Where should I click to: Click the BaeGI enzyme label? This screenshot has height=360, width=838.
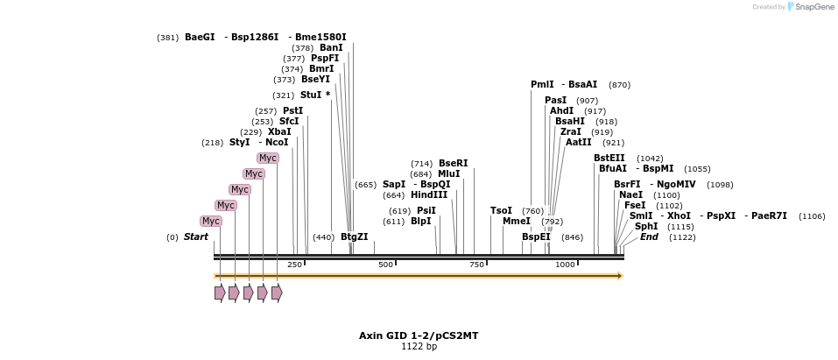[200, 37]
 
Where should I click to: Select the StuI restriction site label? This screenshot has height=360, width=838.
[311, 95]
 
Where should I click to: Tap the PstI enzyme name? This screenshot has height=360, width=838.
[292, 110]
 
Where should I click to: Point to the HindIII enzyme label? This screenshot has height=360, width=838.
[428, 194]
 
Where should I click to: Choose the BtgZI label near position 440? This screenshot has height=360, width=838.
[354, 236]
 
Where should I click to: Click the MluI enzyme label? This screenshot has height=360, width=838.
[448, 173]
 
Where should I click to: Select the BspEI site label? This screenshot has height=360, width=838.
[536, 236]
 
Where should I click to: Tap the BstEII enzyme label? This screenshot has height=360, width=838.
[609, 158]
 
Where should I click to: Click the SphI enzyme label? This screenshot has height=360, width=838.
[646, 226]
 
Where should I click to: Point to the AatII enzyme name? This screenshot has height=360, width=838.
[578, 142]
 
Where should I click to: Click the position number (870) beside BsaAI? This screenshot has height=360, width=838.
[619, 85]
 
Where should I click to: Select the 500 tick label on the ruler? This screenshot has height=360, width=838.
[385, 265]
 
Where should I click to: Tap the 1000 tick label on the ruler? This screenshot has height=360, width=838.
[565, 265]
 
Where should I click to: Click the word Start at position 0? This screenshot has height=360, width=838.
[195, 236]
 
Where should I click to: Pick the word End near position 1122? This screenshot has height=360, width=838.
[649, 236]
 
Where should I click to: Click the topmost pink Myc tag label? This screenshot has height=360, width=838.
[267, 158]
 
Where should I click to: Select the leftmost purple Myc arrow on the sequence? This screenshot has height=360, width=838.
[220, 293]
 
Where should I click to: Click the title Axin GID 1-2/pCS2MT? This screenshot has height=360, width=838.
[419, 335]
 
